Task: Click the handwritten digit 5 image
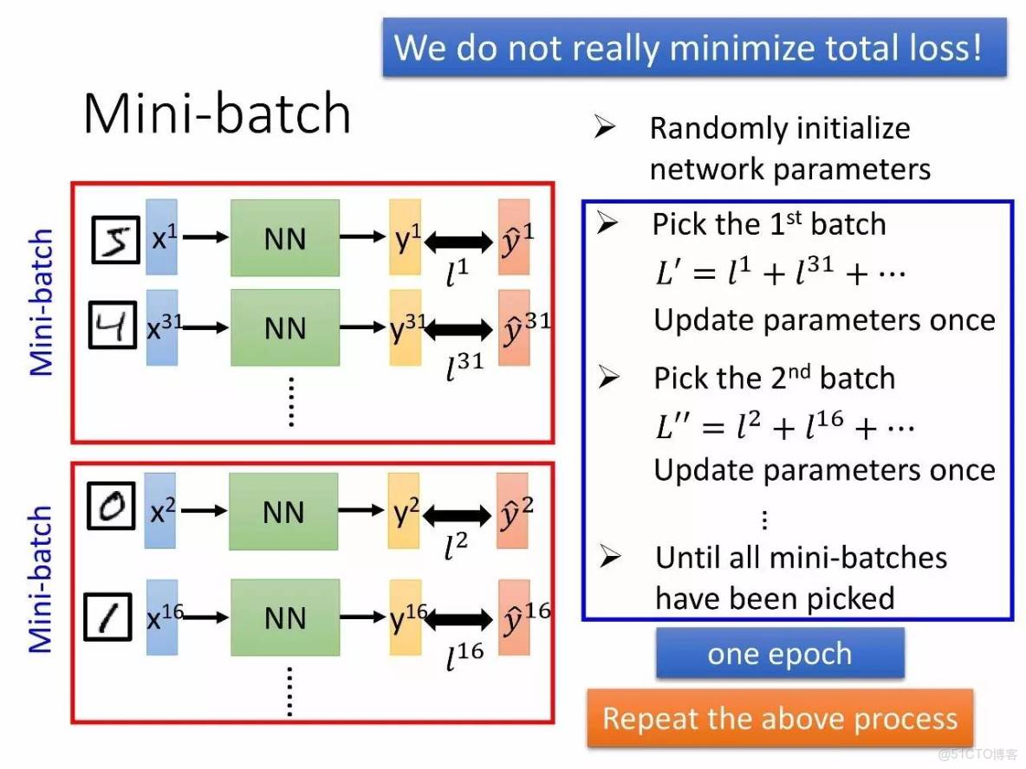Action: coord(116,238)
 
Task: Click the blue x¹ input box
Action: coord(161,237)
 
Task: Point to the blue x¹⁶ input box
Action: coord(162,617)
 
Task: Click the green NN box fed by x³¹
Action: coord(284,328)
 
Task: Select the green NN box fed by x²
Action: coord(283,512)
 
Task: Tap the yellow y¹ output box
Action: coord(405,237)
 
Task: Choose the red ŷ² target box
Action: coord(512,512)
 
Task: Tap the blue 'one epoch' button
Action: coord(780,653)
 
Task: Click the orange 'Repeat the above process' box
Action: coord(780,718)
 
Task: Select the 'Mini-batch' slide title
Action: coord(217,113)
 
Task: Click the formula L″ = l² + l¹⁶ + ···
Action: coord(784,426)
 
